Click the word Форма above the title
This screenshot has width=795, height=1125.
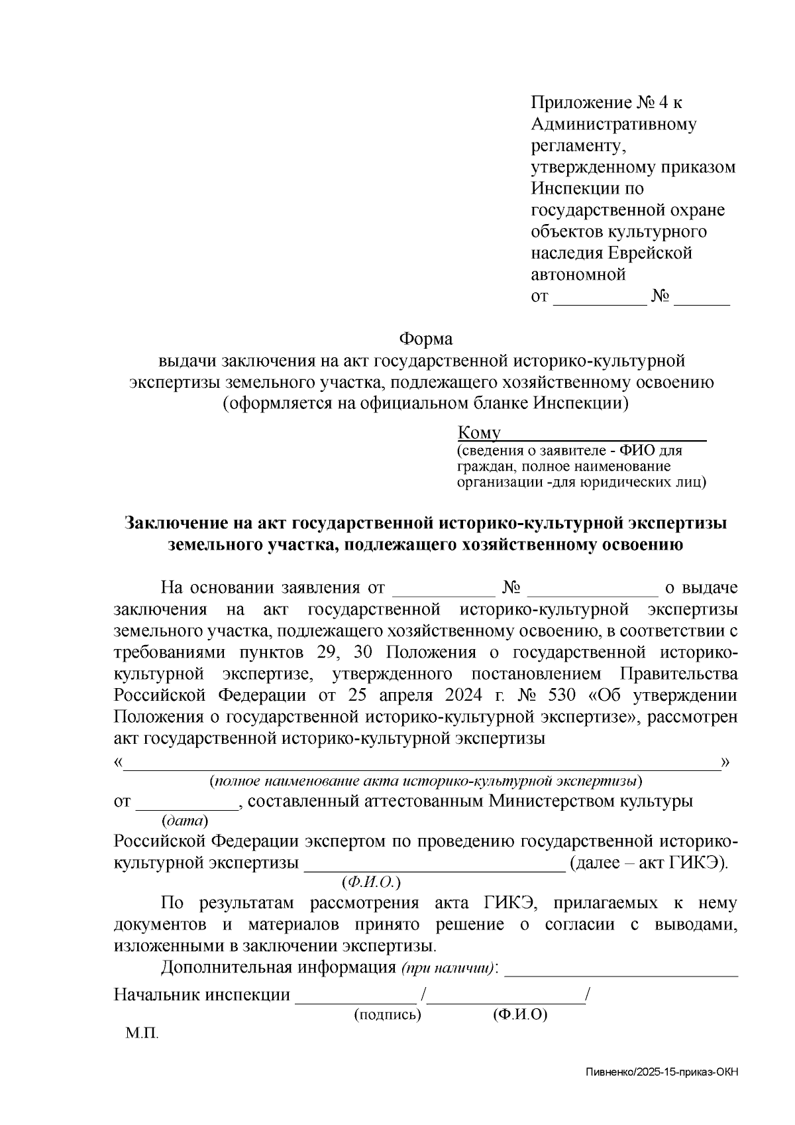coord(425,339)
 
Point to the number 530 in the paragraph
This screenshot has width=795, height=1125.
coord(562,696)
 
